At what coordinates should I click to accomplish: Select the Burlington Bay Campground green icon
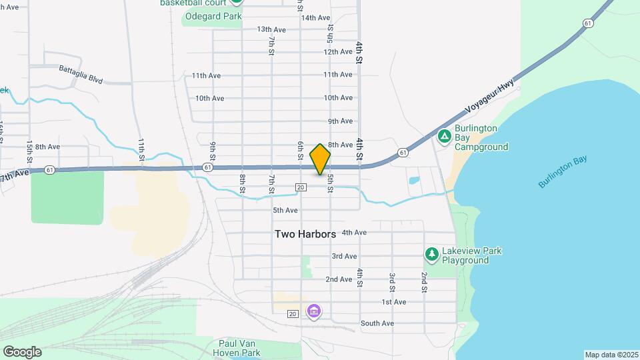(x=445, y=136)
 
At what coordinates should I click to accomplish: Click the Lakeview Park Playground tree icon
(x=432, y=254)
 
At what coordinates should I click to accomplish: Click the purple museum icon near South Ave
(x=313, y=311)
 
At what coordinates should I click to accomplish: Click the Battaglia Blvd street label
(x=81, y=73)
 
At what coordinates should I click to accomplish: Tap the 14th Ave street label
(x=315, y=18)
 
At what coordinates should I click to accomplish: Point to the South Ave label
(x=377, y=323)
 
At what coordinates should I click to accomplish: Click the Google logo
(x=22, y=351)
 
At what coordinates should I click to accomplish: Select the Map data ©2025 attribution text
(x=611, y=355)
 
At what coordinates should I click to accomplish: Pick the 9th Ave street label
(x=340, y=121)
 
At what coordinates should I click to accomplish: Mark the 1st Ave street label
(x=393, y=302)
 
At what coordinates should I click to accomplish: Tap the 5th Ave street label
(x=285, y=211)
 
